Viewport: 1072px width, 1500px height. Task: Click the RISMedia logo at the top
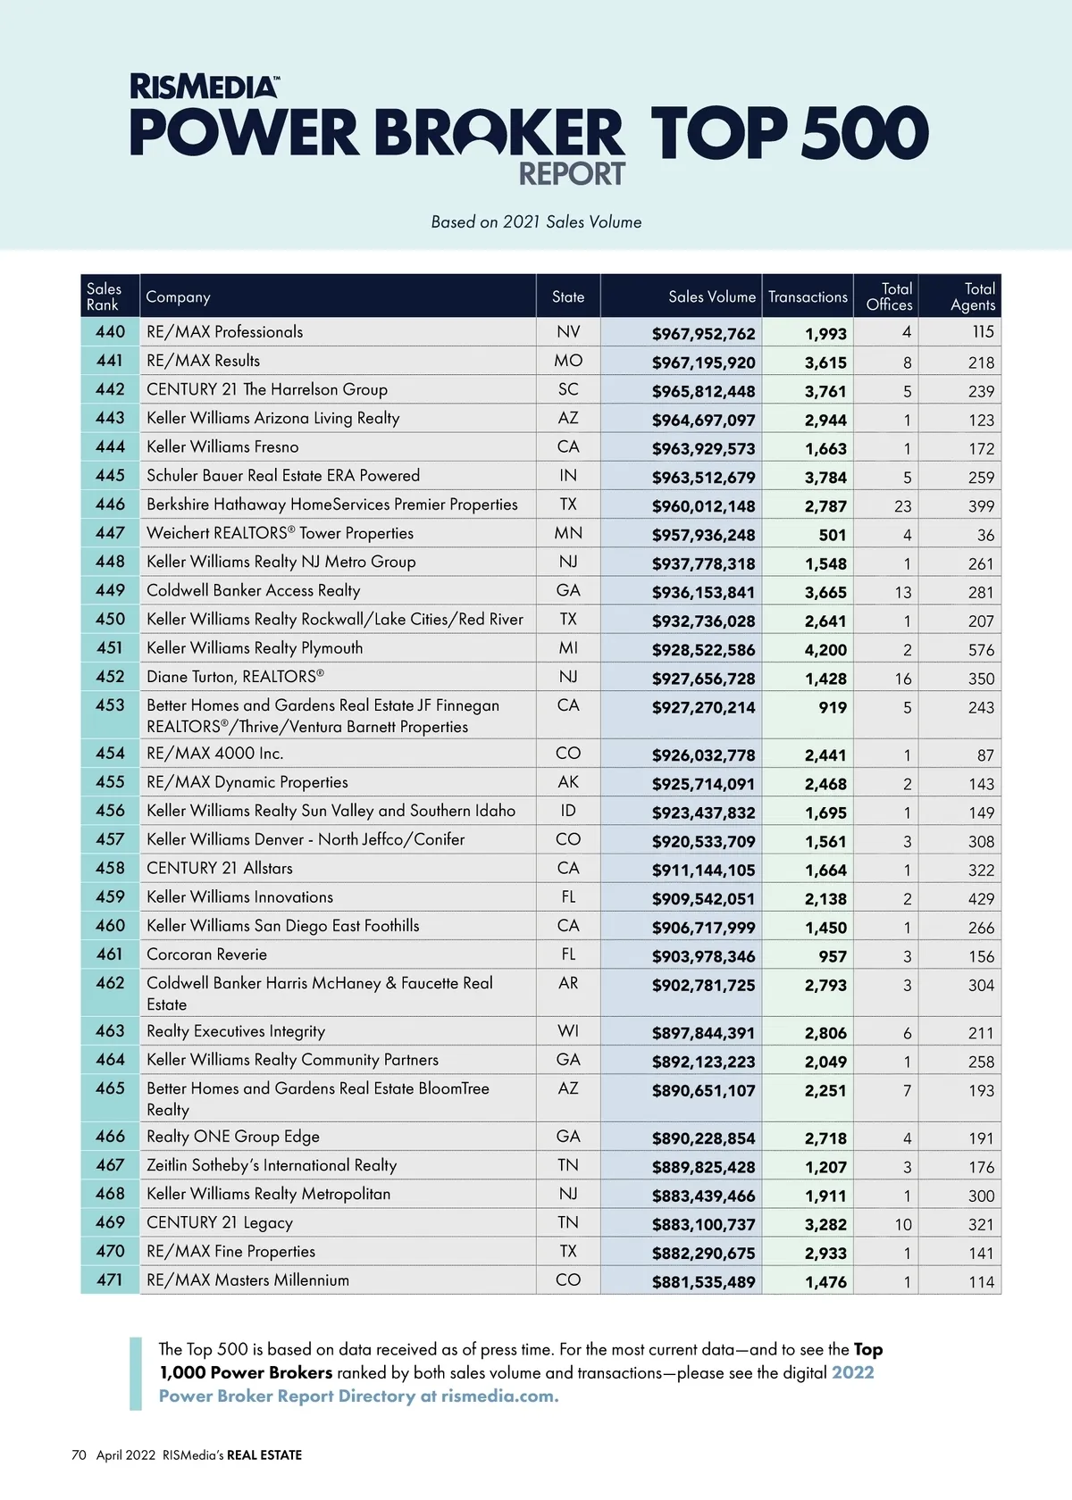point(205,87)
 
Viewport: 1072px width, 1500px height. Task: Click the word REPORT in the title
point(572,174)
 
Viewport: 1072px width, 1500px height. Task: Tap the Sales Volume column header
point(711,296)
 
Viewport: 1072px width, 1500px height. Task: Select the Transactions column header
point(808,296)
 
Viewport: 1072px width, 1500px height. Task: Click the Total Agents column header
point(972,296)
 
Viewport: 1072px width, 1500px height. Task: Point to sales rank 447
point(110,533)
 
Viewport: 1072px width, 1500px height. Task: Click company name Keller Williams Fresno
point(222,446)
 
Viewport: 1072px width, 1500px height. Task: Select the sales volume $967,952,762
point(703,334)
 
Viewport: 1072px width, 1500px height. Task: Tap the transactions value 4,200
point(825,650)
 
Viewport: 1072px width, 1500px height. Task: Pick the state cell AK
point(568,782)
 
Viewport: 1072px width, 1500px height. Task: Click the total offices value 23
point(902,506)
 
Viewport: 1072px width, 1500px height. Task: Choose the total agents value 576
point(981,650)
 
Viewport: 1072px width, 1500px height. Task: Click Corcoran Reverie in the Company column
point(206,954)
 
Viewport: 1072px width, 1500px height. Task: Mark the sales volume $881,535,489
point(703,1282)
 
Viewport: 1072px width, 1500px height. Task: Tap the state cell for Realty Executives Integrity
point(568,1031)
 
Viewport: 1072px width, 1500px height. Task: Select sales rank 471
point(110,1279)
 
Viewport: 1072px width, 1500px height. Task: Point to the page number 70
point(79,1455)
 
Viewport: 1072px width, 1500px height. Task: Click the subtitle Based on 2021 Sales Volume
point(536,222)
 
